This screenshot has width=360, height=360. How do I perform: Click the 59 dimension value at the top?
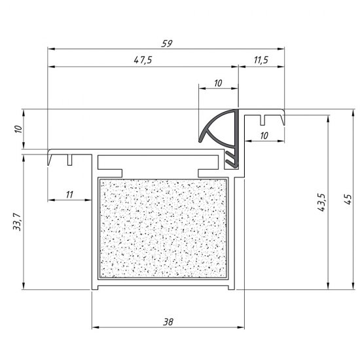click(167, 43)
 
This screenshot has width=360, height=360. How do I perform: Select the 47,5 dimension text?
click(143, 60)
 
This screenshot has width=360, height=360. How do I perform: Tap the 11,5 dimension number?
click(261, 60)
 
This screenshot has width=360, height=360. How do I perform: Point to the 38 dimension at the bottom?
click(168, 322)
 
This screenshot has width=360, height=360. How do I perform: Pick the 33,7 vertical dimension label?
click(17, 222)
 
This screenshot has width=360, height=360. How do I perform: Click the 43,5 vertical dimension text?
click(321, 202)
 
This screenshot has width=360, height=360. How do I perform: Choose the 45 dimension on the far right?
click(348, 199)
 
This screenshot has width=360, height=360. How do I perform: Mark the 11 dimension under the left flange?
click(69, 194)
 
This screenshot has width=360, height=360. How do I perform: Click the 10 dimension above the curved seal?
click(218, 83)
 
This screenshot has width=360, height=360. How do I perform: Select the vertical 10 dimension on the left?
click(18, 129)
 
